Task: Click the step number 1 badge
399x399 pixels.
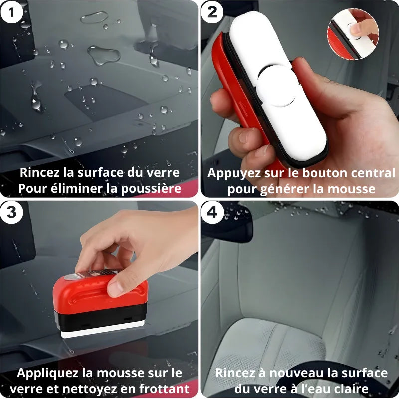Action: point(11,12)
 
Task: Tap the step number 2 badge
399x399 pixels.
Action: point(212,12)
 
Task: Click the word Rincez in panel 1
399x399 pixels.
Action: point(40,172)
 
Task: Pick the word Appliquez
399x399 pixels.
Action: point(47,374)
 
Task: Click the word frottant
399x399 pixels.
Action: point(164,389)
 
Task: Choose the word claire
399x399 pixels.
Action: point(352,389)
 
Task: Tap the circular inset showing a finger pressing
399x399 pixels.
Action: point(353,34)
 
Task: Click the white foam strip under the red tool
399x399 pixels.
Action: point(103,329)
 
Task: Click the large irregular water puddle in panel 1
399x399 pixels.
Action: point(104,55)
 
